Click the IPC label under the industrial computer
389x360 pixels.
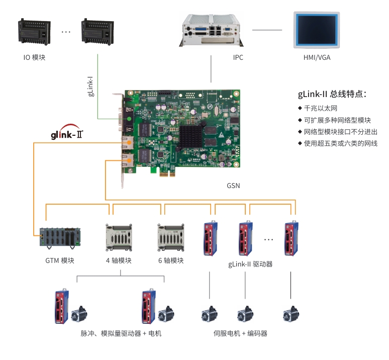(238, 57)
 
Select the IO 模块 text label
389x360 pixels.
(34, 57)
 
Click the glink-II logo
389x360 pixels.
(67, 134)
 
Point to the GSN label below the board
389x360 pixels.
(233, 186)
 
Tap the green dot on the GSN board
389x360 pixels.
(130, 119)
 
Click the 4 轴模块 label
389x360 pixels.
(119, 260)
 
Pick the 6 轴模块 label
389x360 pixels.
(171, 260)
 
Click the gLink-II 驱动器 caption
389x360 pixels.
(250, 264)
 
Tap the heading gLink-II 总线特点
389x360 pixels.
(332, 94)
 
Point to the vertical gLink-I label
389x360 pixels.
(90, 86)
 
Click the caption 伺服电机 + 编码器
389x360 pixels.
(240, 333)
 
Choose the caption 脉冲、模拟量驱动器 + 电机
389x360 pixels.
(121, 333)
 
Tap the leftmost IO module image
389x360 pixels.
(35, 31)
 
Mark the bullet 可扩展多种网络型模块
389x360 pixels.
(337, 120)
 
